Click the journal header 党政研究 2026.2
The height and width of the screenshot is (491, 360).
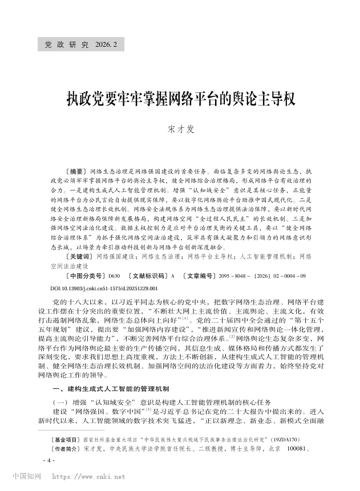coord(80,44)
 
